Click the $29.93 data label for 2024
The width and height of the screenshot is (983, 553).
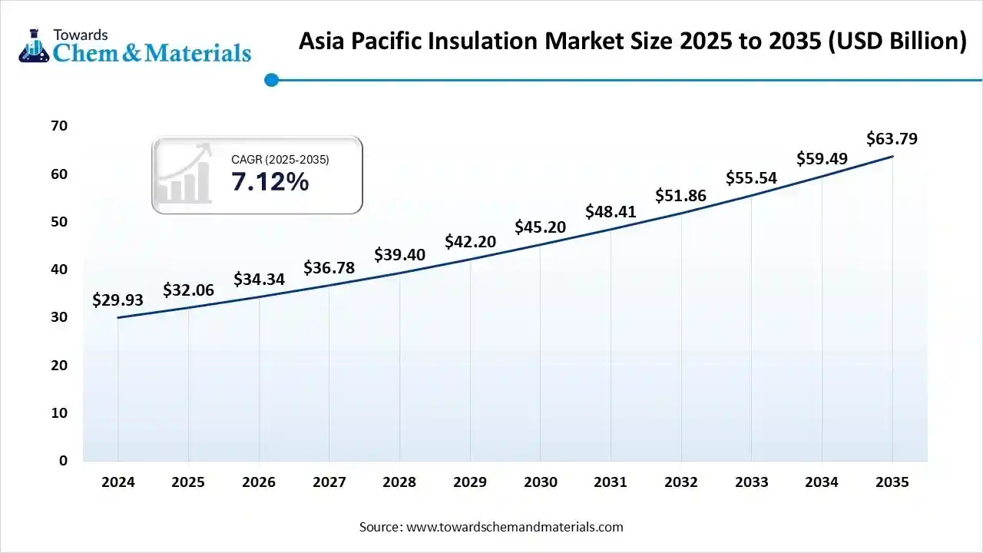[117, 300]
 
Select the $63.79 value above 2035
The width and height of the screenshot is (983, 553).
[892, 139]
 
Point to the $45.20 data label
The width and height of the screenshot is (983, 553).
[541, 227]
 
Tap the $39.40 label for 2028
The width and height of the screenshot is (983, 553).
[399, 254]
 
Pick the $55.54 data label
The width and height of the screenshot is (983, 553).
[751, 178]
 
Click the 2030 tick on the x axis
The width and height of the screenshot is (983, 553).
[541, 482]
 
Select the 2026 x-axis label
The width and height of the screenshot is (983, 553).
[259, 482]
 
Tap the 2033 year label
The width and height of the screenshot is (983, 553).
[751, 482]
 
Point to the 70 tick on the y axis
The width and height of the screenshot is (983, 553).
[58, 126]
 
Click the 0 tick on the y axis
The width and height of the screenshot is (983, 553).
[63, 461]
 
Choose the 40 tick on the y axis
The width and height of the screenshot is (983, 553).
[58, 270]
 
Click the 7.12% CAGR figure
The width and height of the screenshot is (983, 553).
[270, 182]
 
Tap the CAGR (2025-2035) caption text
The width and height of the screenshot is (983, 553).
[280, 160]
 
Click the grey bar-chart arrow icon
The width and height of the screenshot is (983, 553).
[184, 174]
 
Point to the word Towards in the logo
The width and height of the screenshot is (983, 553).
[81, 35]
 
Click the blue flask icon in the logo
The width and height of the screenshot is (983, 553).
[33, 46]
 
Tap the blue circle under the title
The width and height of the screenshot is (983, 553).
[271, 79]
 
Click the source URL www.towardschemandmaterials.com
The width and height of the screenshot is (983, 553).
[514, 527]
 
